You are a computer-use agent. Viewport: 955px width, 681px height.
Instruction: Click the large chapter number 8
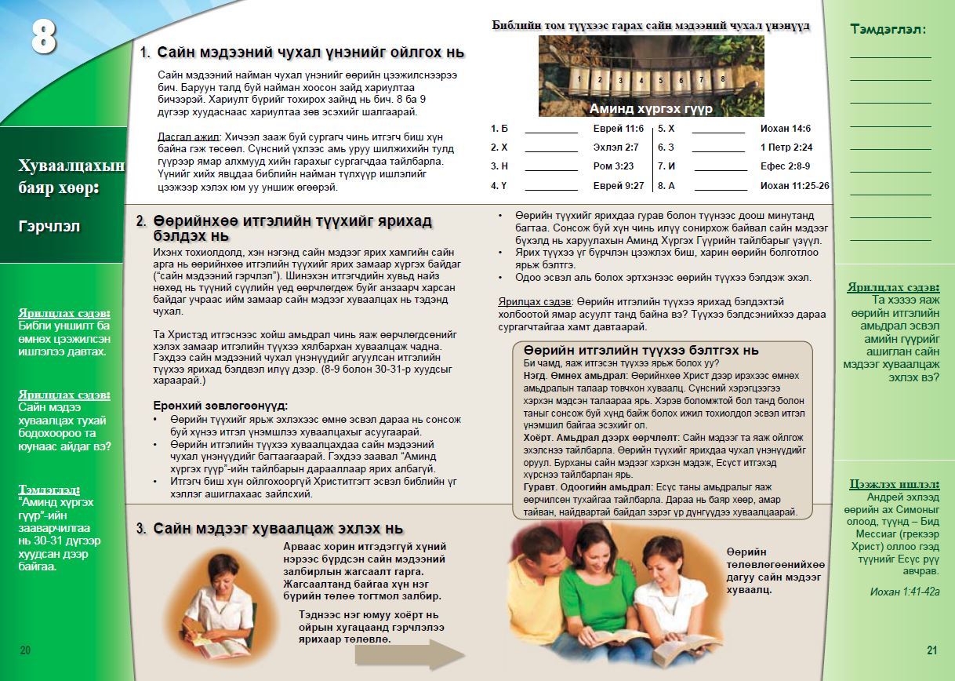coord(44,36)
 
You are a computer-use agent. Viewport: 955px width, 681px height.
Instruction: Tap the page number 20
coord(25,650)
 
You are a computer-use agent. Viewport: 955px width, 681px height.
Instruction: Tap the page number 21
coord(931,650)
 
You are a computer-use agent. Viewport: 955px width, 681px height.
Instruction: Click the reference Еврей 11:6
coord(619,129)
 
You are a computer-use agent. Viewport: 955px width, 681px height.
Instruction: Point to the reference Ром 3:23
coord(614,166)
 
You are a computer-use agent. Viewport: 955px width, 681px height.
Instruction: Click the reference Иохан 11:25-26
coord(795,186)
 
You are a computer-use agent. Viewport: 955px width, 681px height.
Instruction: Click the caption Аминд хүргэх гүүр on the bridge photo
coord(651,109)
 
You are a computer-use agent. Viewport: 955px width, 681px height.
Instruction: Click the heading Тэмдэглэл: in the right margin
coord(888,29)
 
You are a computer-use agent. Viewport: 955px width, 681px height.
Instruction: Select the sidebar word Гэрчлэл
coord(49,227)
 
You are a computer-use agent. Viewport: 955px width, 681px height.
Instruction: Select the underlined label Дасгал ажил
coord(187,136)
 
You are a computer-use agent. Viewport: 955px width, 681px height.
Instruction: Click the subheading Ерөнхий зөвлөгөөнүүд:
coord(220,406)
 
